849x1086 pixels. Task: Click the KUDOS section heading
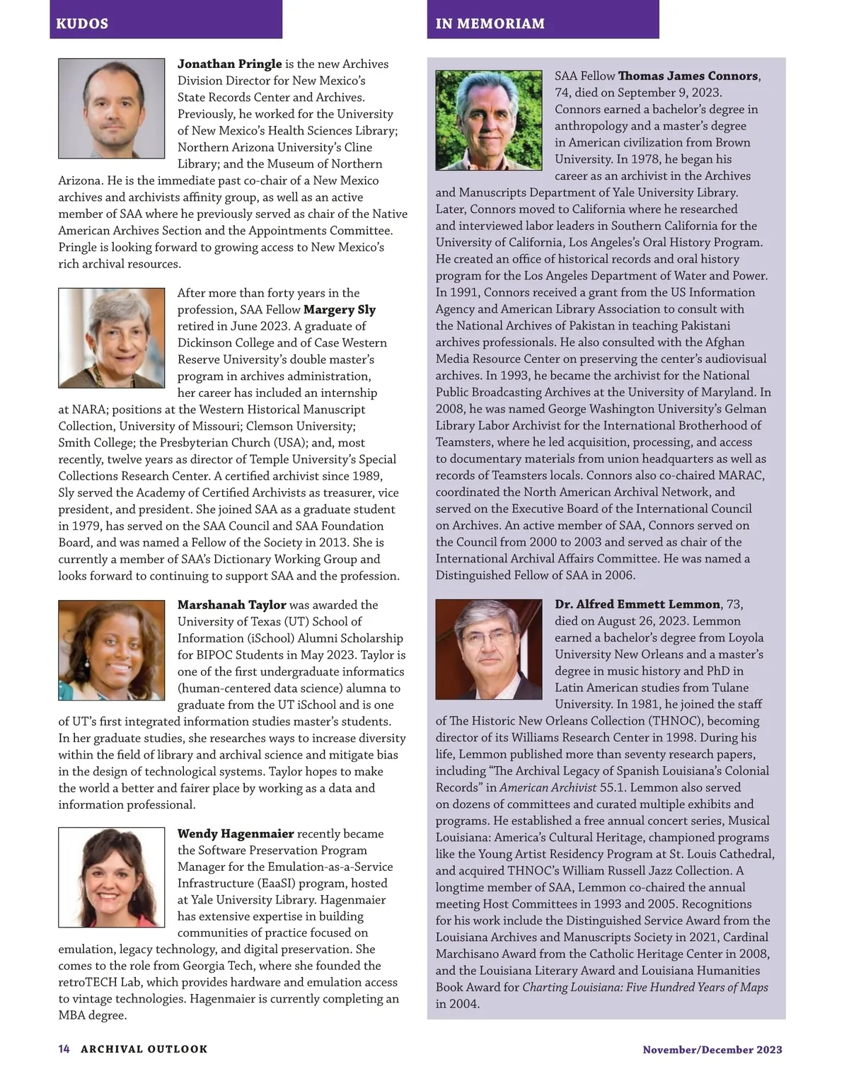(x=82, y=23)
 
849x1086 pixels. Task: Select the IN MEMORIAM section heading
(x=490, y=23)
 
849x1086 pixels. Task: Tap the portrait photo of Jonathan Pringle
(x=111, y=108)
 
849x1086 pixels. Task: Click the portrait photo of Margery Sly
(x=111, y=337)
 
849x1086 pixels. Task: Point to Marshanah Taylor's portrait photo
(x=111, y=650)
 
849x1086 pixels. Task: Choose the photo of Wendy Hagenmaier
(x=111, y=877)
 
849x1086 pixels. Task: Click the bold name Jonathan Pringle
(x=229, y=64)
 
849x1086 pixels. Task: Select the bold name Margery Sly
(x=340, y=309)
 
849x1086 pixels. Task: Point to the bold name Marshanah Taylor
(x=231, y=605)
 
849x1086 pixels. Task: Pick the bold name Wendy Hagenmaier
(x=236, y=833)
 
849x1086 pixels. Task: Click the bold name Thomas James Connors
(x=688, y=76)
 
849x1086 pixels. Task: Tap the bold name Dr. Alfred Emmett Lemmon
(x=637, y=604)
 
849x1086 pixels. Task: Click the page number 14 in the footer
(x=64, y=1049)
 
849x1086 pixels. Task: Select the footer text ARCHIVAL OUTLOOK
(x=144, y=1049)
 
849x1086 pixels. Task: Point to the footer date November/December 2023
(x=712, y=1050)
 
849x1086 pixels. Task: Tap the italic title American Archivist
(x=548, y=787)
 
